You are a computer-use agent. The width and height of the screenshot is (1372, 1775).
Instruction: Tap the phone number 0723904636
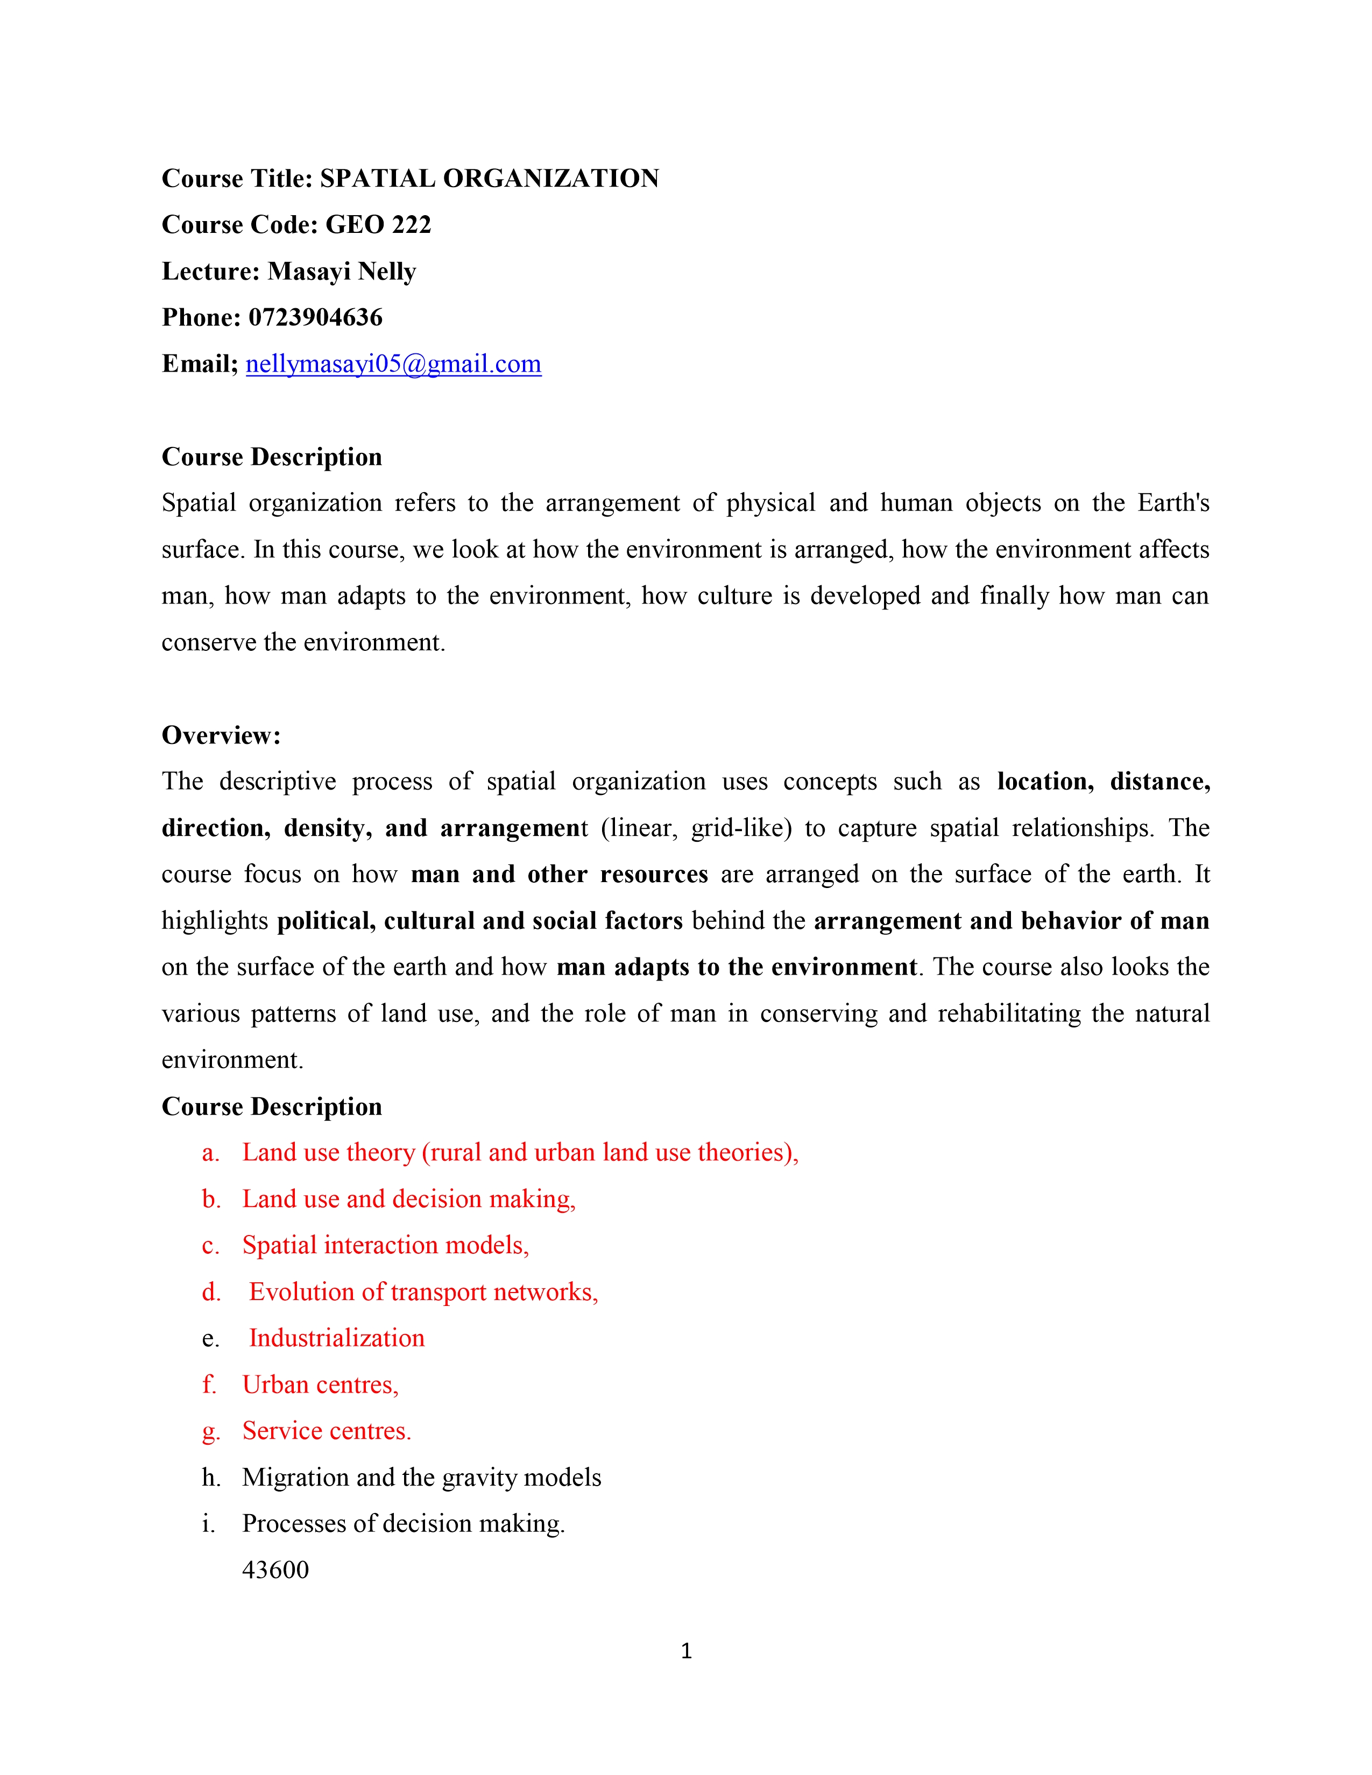click(x=315, y=317)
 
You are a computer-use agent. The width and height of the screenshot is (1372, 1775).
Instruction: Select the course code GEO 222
click(x=379, y=224)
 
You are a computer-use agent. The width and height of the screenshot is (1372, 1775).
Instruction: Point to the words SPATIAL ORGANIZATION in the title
click(x=489, y=178)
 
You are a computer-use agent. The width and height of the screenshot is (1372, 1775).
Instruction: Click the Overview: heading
click(x=221, y=735)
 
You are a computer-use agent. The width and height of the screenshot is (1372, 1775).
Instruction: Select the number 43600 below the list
click(x=275, y=1570)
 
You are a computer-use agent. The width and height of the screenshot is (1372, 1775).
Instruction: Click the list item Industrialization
click(x=336, y=1338)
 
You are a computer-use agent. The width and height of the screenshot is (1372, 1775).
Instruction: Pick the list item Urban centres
click(x=320, y=1384)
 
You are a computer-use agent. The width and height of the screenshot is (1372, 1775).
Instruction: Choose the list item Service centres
click(x=327, y=1430)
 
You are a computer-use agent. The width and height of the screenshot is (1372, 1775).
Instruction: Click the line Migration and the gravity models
click(x=421, y=1476)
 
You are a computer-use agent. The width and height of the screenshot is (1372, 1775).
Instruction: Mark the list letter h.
click(x=210, y=1476)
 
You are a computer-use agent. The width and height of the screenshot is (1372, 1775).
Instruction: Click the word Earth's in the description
click(x=1173, y=502)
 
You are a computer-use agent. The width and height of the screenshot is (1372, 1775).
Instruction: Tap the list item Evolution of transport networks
click(x=423, y=1291)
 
